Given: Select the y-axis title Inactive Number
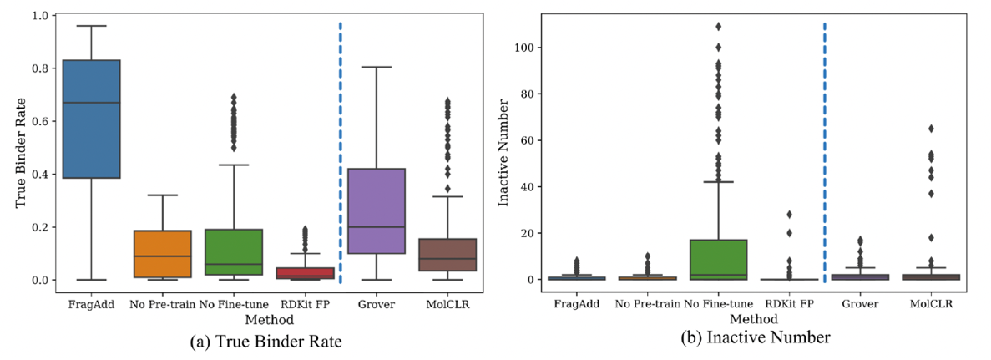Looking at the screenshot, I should tap(503, 150).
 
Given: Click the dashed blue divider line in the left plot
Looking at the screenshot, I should tap(341, 150).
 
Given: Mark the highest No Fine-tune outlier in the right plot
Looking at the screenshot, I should tap(718, 26).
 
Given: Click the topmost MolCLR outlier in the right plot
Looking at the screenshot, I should tap(931, 129).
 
